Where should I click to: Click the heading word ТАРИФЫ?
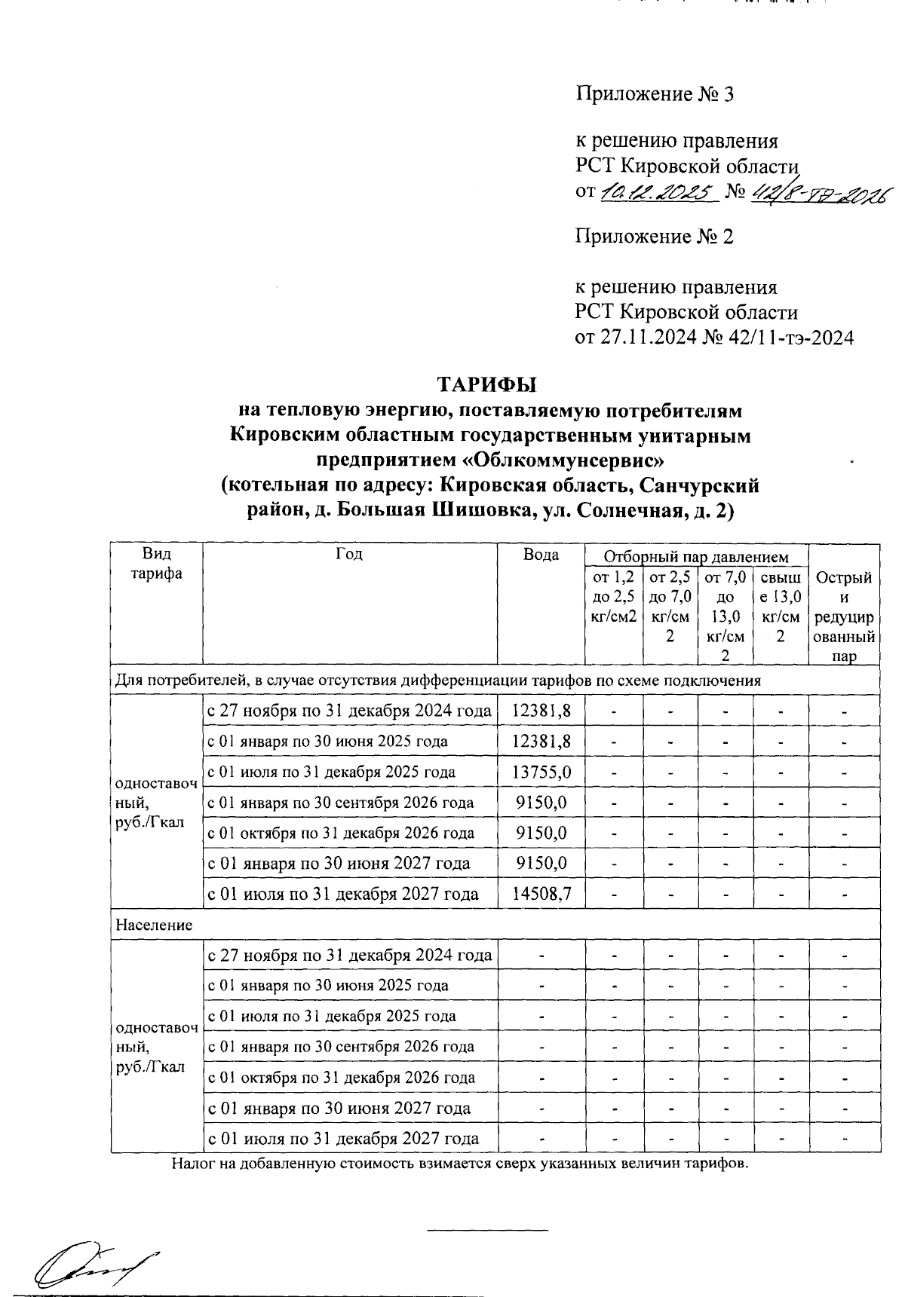(x=487, y=384)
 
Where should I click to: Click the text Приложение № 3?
(x=654, y=94)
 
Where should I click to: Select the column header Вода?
(x=541, y=555)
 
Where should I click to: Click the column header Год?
(x=349, y=555)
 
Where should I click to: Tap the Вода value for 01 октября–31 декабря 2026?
(x=541, y=834)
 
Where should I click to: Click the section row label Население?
(x=154, y=925)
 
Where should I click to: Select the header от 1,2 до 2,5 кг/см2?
(x=614, y=598)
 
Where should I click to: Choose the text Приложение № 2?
(x=654, y=237)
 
